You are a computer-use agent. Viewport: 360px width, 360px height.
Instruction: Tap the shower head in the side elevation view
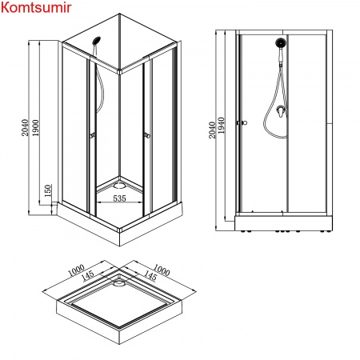pyautogui.click(x=281, y=43)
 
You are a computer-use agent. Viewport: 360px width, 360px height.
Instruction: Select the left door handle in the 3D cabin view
pyautogui.click(x=93, y=136)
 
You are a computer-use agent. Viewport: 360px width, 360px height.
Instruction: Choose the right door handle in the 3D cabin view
pyautogui.click(x=149, y=136)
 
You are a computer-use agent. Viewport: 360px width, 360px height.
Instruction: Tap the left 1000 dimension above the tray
pyautogui.click(x=78, y=271)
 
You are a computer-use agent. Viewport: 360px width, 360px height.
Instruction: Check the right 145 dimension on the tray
pyautogui.click(x=147, y=276)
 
